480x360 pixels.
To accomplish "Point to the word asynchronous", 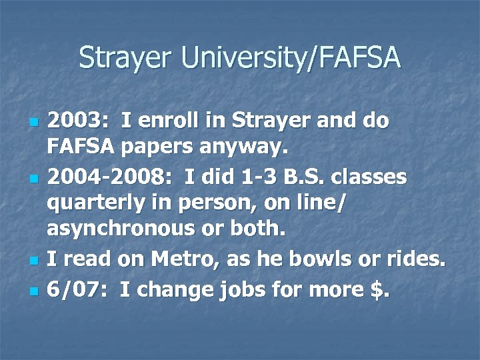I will tap(120, 229).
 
